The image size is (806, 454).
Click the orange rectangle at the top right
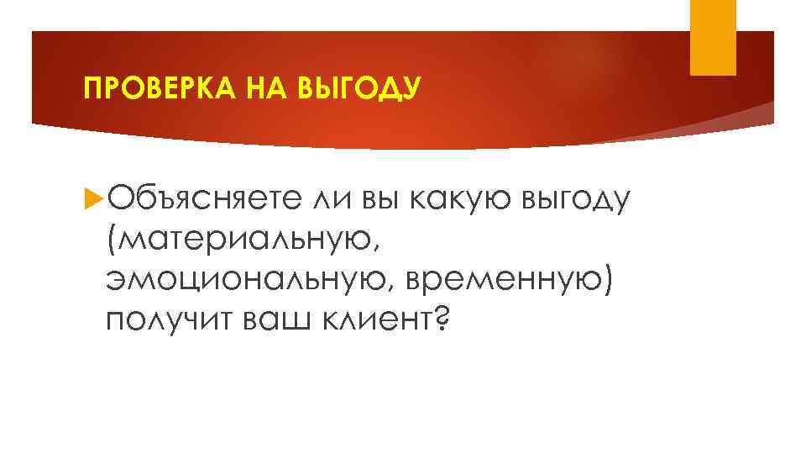point(712,37)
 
